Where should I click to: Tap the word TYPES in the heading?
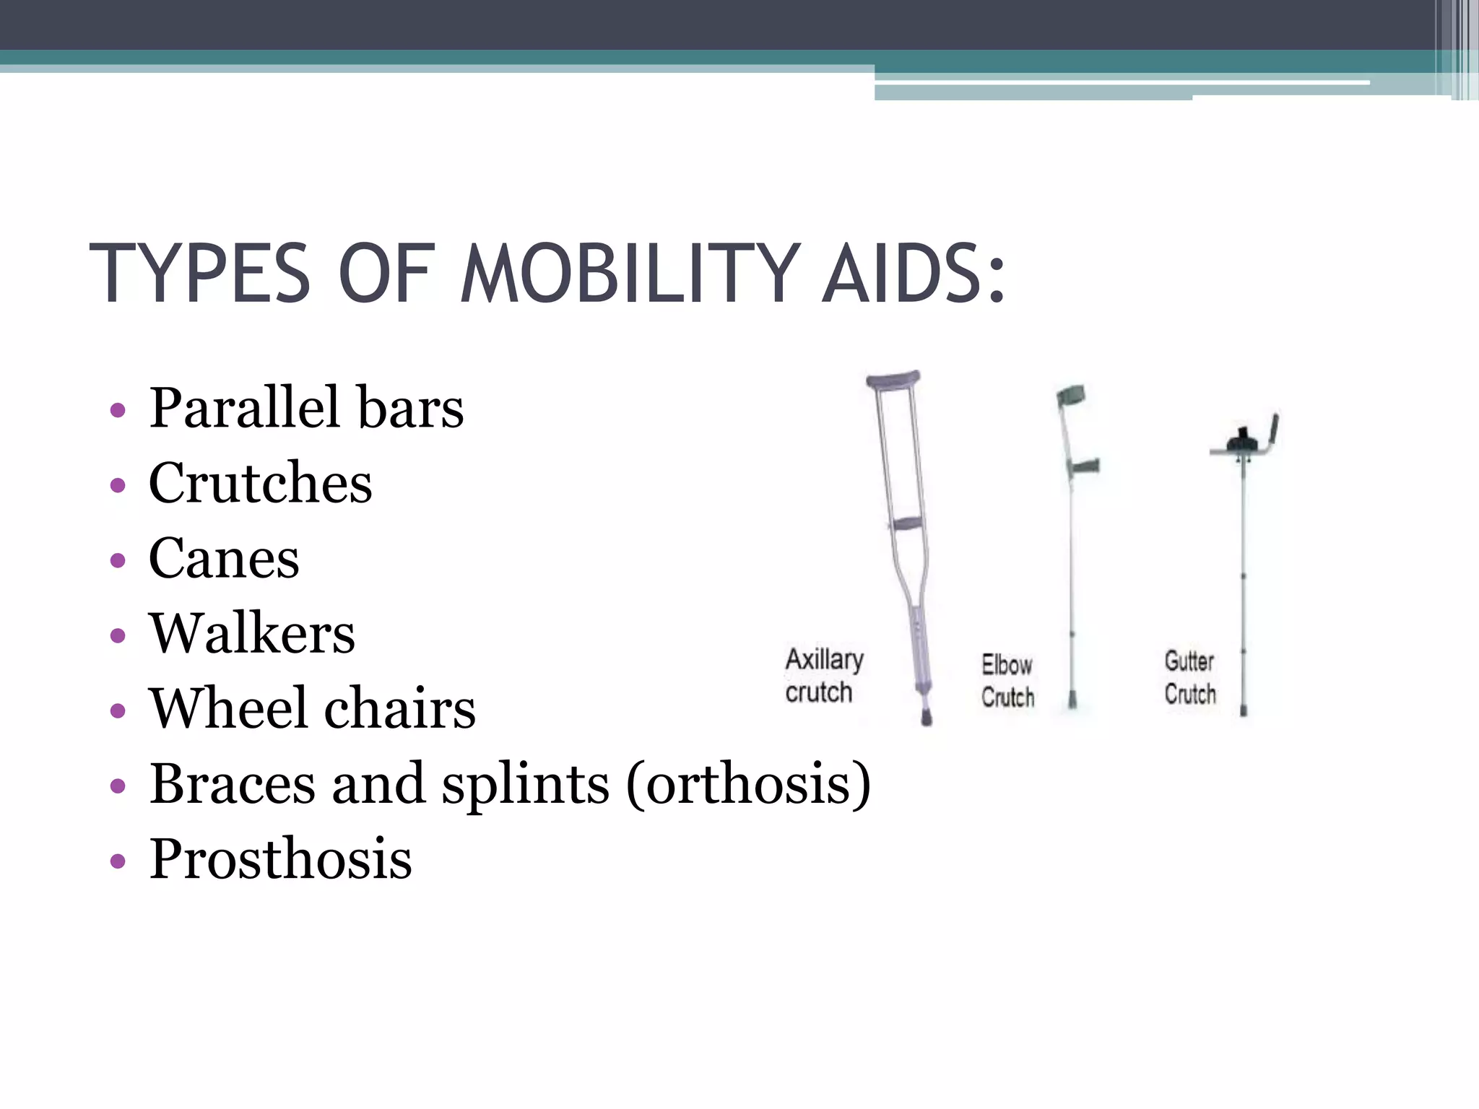200,274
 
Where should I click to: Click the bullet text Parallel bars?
306,408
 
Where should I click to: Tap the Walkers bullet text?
252,633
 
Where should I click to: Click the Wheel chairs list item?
312,708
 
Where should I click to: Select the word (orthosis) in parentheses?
748,784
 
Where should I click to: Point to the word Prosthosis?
280,859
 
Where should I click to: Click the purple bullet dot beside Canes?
118,560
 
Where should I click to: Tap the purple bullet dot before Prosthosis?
118,861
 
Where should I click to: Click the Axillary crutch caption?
823,675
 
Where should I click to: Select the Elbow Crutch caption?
1007,680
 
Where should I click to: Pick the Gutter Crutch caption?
1189,677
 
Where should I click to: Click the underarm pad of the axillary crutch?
893,380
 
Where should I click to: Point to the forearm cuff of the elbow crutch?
1072,395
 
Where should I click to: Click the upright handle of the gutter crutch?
1274,431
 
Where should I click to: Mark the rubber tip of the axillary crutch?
926,717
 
